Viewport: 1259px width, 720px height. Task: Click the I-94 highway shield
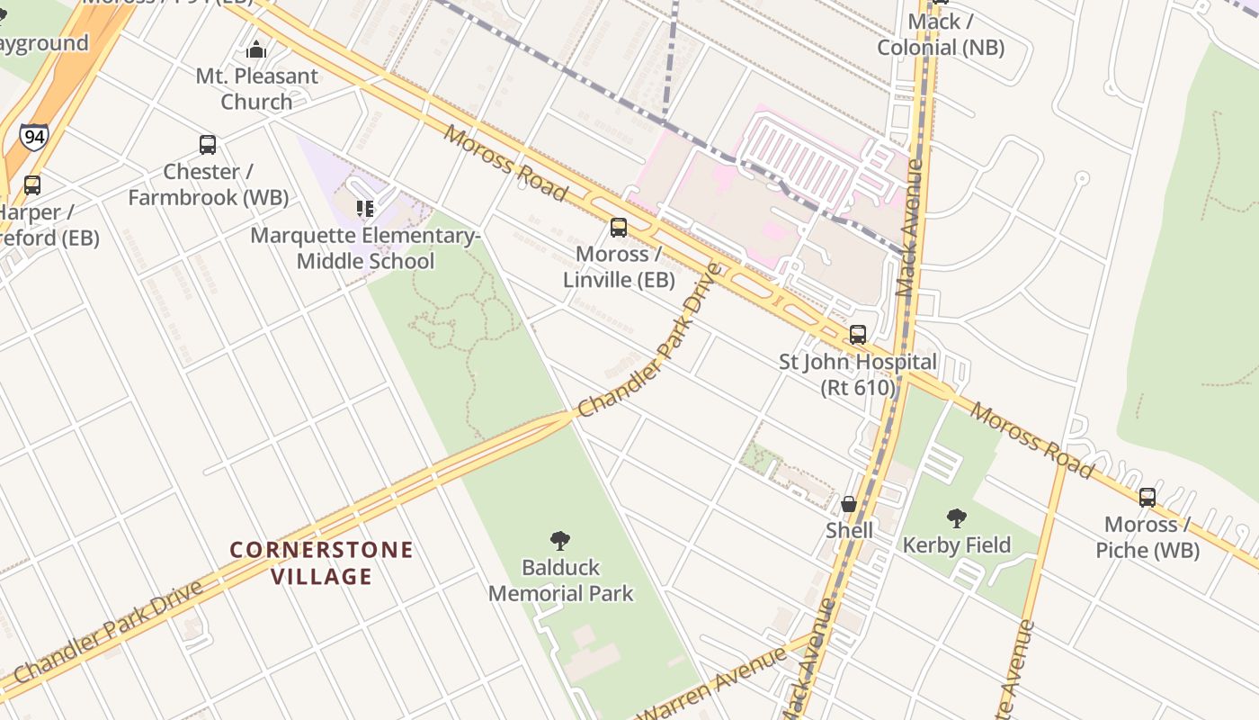33,137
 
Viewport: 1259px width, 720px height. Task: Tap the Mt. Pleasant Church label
256,88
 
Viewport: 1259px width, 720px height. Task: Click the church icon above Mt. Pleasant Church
256,49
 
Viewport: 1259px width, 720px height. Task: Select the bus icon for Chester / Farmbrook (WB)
208,144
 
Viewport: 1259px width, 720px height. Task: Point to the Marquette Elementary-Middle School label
365,248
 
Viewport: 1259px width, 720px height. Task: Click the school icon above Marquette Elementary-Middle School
365,209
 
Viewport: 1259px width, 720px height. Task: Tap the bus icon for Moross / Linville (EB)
619,227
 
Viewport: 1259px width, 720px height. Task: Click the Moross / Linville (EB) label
619,266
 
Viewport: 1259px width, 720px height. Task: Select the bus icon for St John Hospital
858,335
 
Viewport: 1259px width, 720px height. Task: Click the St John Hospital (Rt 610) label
858,374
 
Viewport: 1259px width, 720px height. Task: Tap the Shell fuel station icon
849,503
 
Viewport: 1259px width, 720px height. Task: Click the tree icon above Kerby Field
957,517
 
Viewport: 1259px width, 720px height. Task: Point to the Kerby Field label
957,544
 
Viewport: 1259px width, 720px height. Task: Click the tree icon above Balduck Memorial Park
560,540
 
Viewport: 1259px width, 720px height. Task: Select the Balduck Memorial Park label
560,580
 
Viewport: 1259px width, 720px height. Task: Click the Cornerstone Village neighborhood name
321,562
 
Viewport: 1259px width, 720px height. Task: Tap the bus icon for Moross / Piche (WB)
1147,497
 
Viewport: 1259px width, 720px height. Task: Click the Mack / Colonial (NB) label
941,34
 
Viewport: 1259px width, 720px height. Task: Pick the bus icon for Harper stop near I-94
32,184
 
